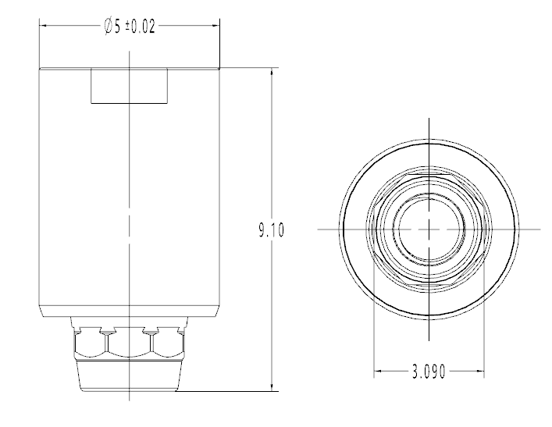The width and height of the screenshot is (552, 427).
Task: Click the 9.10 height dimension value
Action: [271, 230]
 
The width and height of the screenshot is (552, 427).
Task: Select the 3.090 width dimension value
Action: [429, 372]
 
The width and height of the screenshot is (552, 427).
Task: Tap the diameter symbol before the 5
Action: [108, 27]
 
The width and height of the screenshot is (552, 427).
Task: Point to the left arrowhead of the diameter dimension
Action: [43, 26]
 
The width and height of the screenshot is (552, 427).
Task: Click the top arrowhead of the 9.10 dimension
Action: [272, 72]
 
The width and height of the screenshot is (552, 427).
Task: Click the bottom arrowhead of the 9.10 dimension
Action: [272, 386]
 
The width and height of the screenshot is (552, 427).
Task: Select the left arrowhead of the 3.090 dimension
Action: [378, 371]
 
